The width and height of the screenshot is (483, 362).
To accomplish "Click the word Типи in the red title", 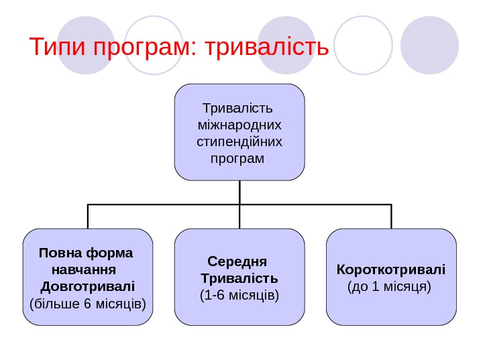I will (x=60, y=48).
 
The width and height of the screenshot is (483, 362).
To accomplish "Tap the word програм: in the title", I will (x=146, y=48).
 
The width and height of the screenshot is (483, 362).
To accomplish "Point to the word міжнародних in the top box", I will (x=240, y=125).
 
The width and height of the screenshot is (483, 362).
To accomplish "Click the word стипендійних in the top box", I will (x=239, y=142).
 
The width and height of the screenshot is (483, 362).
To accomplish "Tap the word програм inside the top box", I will (x=237, y=160).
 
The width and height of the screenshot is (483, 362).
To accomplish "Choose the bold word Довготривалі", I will (x=88, y=288).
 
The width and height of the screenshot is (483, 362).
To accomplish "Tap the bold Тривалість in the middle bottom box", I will (x=239, y=278).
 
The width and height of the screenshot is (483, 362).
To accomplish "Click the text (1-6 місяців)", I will (x=239, y=294).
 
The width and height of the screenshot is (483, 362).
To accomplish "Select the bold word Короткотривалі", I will (x=390, y=270).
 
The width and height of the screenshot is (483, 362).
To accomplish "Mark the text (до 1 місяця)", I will (x=390, y=287).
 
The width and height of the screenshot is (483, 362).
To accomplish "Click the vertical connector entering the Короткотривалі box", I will (x=391, y=216).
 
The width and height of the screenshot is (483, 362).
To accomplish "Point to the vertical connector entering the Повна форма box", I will (x=88, y=216).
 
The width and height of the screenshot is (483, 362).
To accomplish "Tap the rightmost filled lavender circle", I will (x=429, y=45).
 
